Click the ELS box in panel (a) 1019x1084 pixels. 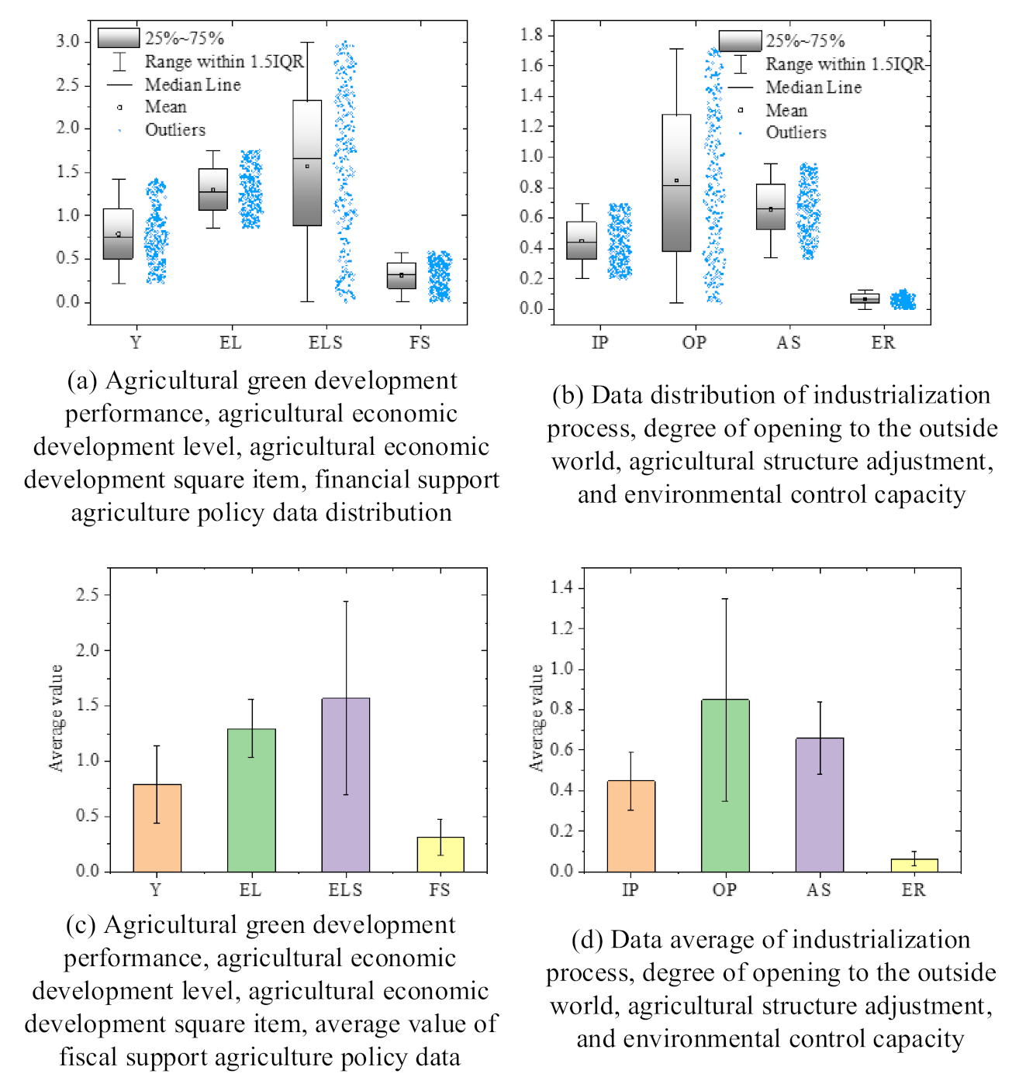tap(307, 163)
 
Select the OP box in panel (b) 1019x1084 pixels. tap(676, 183)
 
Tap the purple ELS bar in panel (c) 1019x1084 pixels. tap(346, 784)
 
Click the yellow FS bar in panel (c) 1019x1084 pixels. tap(440, 854)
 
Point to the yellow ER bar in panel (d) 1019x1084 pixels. tap(914, 865)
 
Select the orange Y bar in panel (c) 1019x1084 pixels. tap(157, 828)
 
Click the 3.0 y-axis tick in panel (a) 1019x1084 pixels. tap(67, 42)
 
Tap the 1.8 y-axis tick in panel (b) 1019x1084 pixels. tap(531, 35)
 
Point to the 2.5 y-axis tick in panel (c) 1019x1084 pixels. tap(88, 595)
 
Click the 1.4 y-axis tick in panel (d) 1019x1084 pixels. tap(561, 588)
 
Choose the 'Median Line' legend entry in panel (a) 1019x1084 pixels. tap(192, 84)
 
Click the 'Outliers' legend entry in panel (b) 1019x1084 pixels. tap(796, 132)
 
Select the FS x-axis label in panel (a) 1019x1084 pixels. tap(420, 342)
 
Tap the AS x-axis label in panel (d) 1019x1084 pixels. tap(819, 890)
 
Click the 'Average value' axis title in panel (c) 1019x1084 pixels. tap(56, 718)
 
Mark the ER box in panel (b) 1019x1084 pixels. tap(865, 298)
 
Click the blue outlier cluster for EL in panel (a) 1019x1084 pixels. tap(250, 189)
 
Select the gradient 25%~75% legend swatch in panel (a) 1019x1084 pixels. tap(119, 38)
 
